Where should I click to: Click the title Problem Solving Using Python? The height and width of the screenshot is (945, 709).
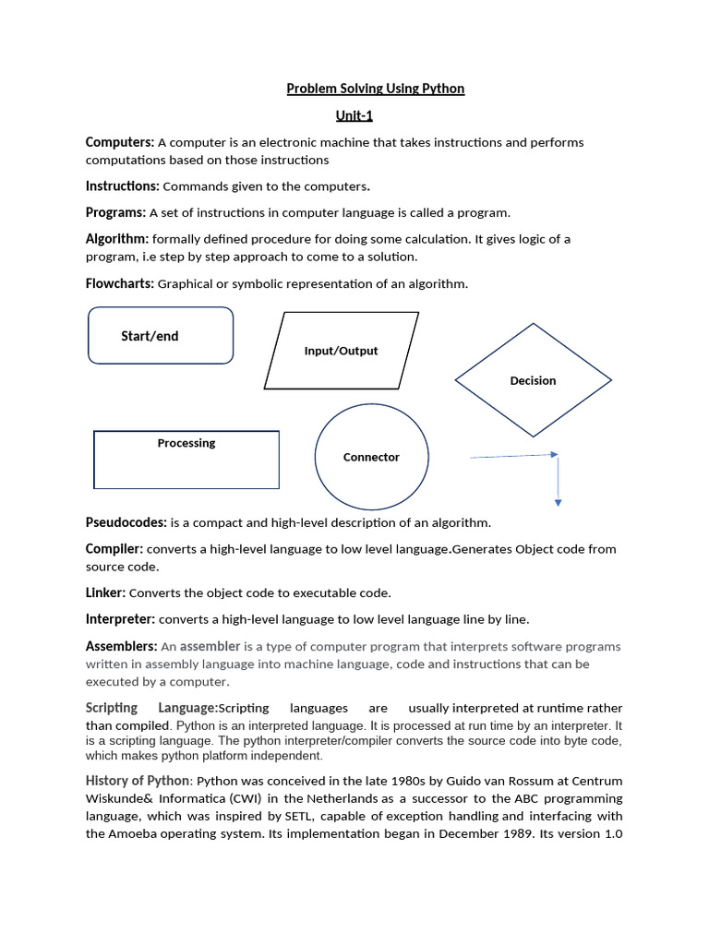click(375, 89)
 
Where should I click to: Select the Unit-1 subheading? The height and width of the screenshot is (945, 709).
click(354, 116)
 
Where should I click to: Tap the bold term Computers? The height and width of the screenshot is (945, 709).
click(119, 142)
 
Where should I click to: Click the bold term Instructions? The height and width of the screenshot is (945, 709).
click(122, 186)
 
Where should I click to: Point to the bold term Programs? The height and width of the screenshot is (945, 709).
click(115, 212)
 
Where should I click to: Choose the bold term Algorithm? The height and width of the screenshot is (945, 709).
click(117, 239)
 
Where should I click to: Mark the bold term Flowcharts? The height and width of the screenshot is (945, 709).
click(119, 283)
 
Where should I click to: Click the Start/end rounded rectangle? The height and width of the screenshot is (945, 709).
click(160, 336)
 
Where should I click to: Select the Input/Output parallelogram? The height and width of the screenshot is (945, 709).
click(341, 351)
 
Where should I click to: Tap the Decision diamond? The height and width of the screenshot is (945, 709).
click(533, 380)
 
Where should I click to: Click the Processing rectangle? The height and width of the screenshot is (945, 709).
click(186, 460)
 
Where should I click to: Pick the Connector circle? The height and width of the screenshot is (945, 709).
click(371, 457)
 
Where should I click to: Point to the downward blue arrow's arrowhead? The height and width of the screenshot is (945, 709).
click(558, 502)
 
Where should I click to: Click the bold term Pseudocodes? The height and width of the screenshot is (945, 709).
click(126, 522)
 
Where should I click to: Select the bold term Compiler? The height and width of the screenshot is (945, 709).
click(114, 548)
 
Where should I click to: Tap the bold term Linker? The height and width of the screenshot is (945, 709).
click(105, 592)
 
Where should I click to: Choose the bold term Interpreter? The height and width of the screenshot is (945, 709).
click(120, 618)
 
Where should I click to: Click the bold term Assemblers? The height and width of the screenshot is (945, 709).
click(121, 646)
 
